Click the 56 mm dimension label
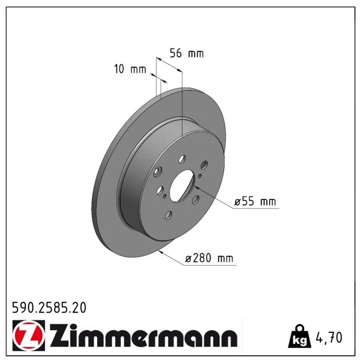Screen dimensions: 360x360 pyautogui.click(x=187, y=53)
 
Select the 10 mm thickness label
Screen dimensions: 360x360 pyautogui.click(x=130, y=69)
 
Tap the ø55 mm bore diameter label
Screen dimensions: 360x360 pyautogui.click(x=255, y=201)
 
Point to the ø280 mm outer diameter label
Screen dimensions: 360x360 pyautogui.click(x=209, y=258)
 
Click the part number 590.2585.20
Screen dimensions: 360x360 pyautogui.click(x=49, y=308)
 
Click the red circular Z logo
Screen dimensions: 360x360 pyautogui.click(x=29, y=335)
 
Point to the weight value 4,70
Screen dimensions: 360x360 pyautogui.click(x=329, y=337)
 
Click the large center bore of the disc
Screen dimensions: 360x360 pyautogui.click(x=182, y=186)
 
